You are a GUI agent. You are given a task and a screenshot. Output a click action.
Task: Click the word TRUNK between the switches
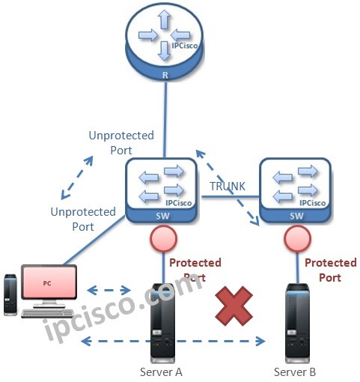227,185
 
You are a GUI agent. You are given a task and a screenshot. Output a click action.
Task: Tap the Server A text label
162,372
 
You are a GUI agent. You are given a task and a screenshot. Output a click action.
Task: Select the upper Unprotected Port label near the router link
121,142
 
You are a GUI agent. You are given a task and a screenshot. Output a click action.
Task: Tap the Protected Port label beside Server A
195,270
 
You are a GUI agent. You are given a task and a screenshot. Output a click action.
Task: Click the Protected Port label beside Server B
330,270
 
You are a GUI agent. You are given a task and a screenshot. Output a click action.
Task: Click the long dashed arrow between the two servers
174,342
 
